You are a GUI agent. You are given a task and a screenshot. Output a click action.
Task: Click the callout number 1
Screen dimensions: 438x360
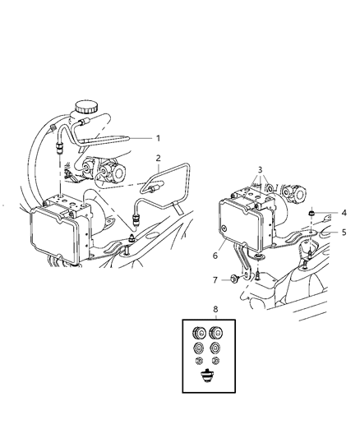[159, 138]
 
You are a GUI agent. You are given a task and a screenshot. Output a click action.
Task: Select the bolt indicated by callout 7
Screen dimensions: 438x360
[238, 280]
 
